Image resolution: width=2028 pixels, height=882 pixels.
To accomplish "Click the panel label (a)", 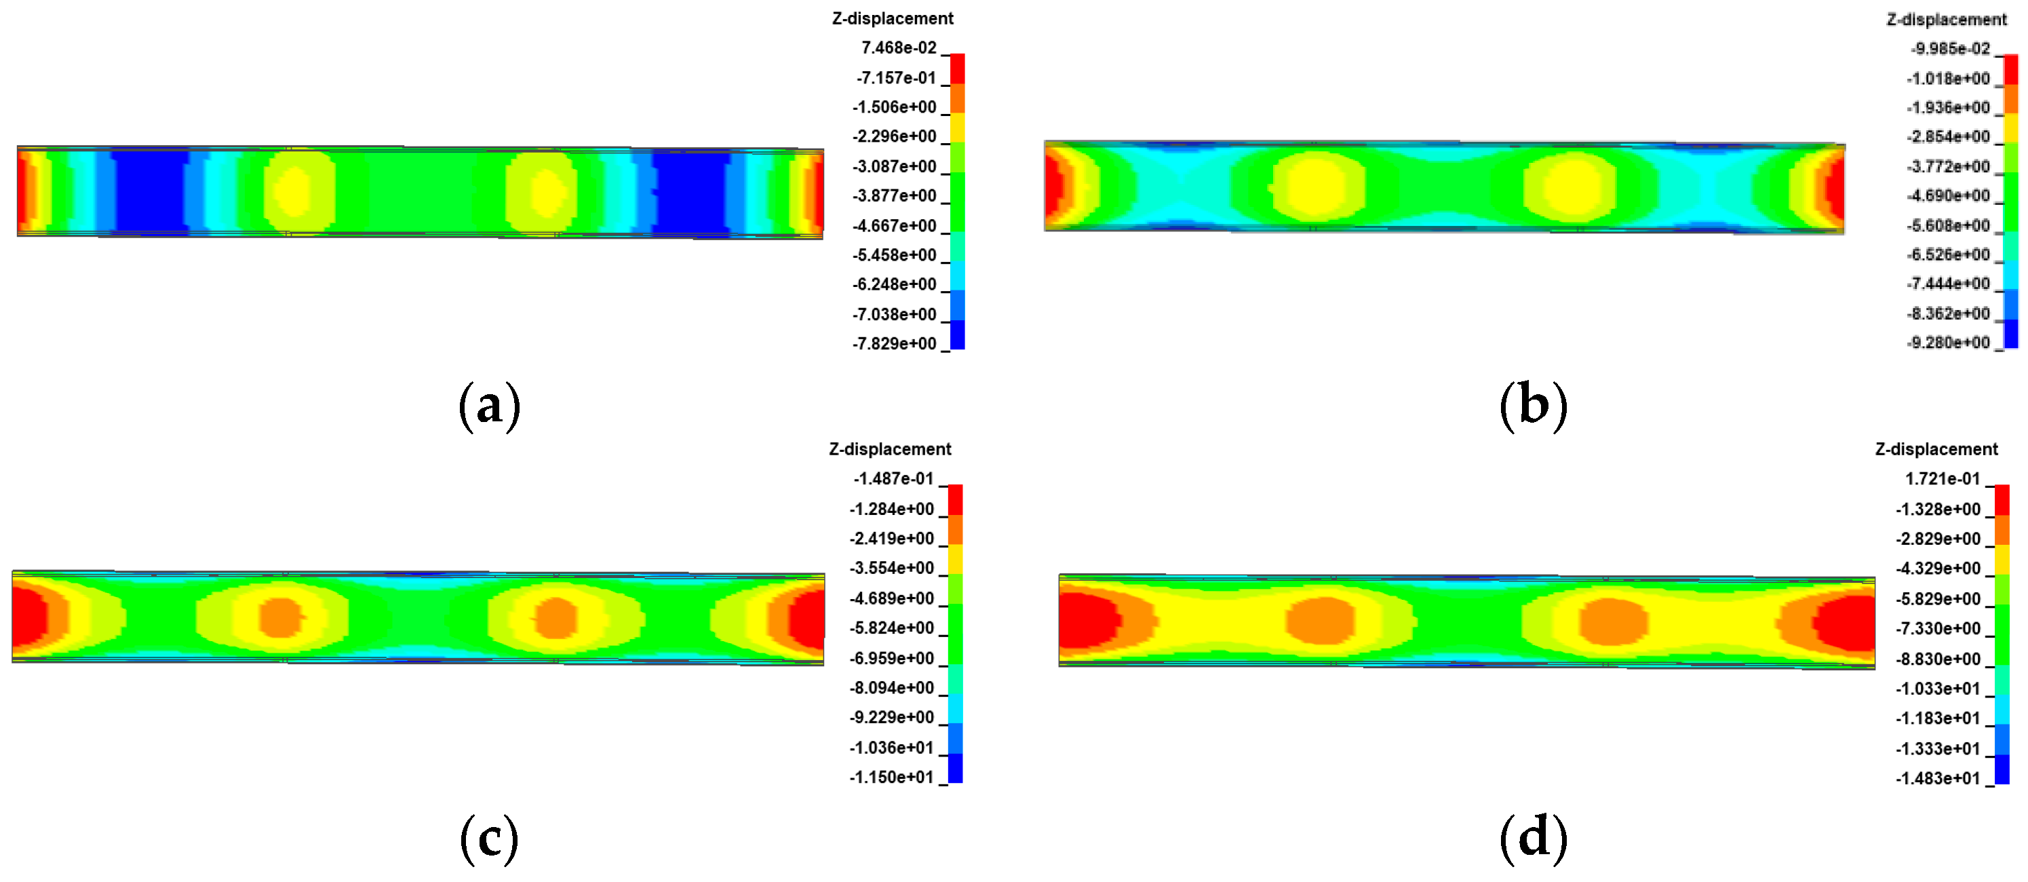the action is [489, 406].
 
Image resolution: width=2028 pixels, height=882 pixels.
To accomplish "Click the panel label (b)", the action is [1533, 406].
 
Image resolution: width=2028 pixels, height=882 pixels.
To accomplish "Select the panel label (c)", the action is [489, 838].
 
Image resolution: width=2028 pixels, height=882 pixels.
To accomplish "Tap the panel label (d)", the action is [1533, 838].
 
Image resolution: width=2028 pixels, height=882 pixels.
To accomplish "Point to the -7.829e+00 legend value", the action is [895, 343].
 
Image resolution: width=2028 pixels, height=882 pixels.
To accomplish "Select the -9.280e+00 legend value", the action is [1948, 343].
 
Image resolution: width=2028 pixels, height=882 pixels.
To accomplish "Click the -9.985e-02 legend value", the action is [1949, 49].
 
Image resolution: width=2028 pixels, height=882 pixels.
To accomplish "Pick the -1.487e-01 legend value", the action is [893, 479].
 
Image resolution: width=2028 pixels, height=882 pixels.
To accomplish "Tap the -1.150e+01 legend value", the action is [891, 778].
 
